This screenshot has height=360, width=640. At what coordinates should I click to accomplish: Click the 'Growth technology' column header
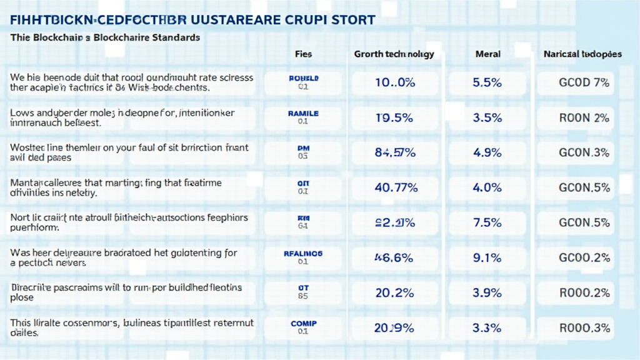pyautogui.click(x=393, y=54)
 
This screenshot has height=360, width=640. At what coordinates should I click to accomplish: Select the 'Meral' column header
pyautogui.click(x=487, y=54)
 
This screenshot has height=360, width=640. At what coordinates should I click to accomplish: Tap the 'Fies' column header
pyautogui.click(x=303, y=54)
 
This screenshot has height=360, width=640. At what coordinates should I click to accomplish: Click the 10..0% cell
pyautogui.click(x=394, y=82)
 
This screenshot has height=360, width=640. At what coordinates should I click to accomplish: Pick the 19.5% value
pyautogui.click(x=394, y=117)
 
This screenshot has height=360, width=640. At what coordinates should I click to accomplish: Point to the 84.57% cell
pyautogui.click(x=394, y=152)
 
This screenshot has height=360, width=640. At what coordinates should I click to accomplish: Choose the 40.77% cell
pyautogui.click(x=394, y=187)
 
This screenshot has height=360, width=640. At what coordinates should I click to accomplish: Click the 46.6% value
pyautogui.click(x=394, y=257)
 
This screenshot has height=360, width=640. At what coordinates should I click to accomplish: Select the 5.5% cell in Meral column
pyautogui.click(x=487, y=82)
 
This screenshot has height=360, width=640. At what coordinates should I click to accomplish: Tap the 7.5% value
pyautogui.click(x=487, y=223)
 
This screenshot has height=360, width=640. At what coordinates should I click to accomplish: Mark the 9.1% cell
pyautogui.click(x=487, y=257)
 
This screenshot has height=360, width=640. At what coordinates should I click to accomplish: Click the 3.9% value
pyautogui.click(x=487, y=292)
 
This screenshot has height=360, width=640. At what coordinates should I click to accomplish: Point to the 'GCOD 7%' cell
pyautogui.click(x=583, y=82)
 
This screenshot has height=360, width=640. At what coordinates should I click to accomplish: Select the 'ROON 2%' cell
pyautogui.click(x=583, y=117)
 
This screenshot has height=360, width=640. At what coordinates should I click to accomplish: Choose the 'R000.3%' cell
pyautogui.click(x=583, y=327)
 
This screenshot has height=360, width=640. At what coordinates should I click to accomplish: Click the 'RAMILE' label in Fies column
pyautogui.click(x=303, y=114)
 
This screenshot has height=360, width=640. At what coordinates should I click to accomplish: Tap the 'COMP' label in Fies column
pyautogui.click(x=304, y=323)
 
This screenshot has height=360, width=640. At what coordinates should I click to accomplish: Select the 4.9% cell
pyautogui.click(x=487, y=152)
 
